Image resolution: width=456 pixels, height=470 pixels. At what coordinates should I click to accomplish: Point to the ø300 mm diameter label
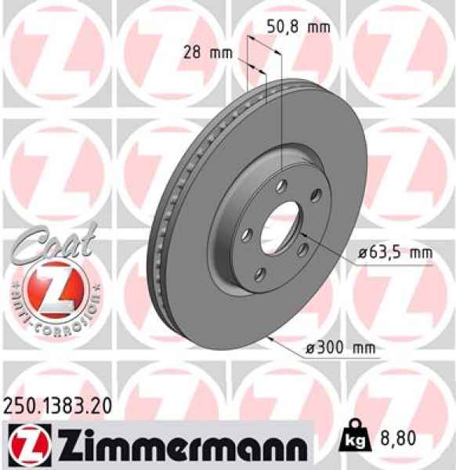(340, 346)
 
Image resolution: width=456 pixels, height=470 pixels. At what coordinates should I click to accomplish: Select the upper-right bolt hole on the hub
(315, 195)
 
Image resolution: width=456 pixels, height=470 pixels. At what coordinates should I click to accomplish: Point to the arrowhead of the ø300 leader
(269, 339)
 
